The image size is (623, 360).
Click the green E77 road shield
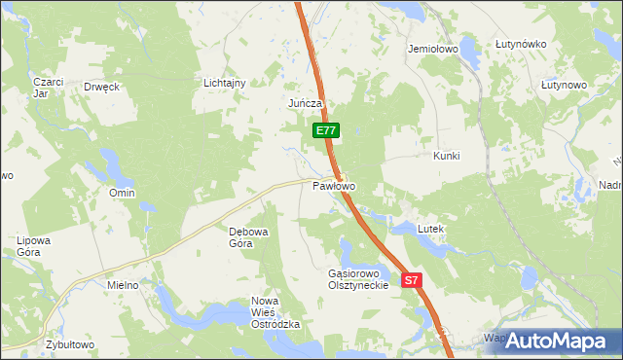pyautogui.click(x=326, y=129)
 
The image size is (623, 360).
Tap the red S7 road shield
pyautogui.click(x=412, y=280)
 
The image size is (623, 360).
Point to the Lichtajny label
pyautogui.click(x=224, y=84)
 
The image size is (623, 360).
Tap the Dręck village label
pyautogui.click(x=101, y=87)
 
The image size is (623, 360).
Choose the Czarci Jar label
pyautogui.click(x=47, y=88)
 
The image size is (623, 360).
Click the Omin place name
pyautogui.click(x=122, y=193)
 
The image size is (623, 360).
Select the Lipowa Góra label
pyautogui.click(x=33, y=245)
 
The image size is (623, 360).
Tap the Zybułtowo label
pyautogui.click(x=69, y=344)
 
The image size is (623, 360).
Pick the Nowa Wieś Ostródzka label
pyautogui.click(x=272, y=312)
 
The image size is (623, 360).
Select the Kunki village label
pyautogui.click(x=446, y=156)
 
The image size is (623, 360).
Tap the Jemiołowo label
pyautogui.click(x=433, y=47)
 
